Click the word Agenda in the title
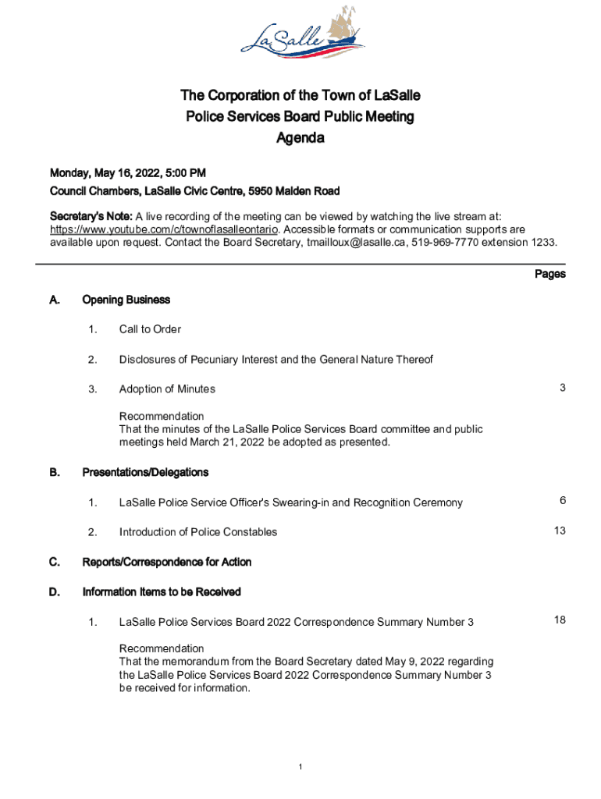click(x=300, y=139)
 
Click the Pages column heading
click(x=549, y=274)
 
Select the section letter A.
click(x=54, y=300)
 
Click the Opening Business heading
click(x=126, y=300)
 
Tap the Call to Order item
click(x=150, y=329)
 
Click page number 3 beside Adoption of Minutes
click(x=562, y=388)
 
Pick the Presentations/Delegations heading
click(x=145, y=472)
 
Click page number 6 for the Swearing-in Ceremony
click(x=562, y=501)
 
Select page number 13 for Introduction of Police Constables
click(x=560, y=531)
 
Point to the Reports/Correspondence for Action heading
click(x=167, y=562)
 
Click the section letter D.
click(x=54, y=591)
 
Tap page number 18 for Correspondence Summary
click(x=560, y=620)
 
